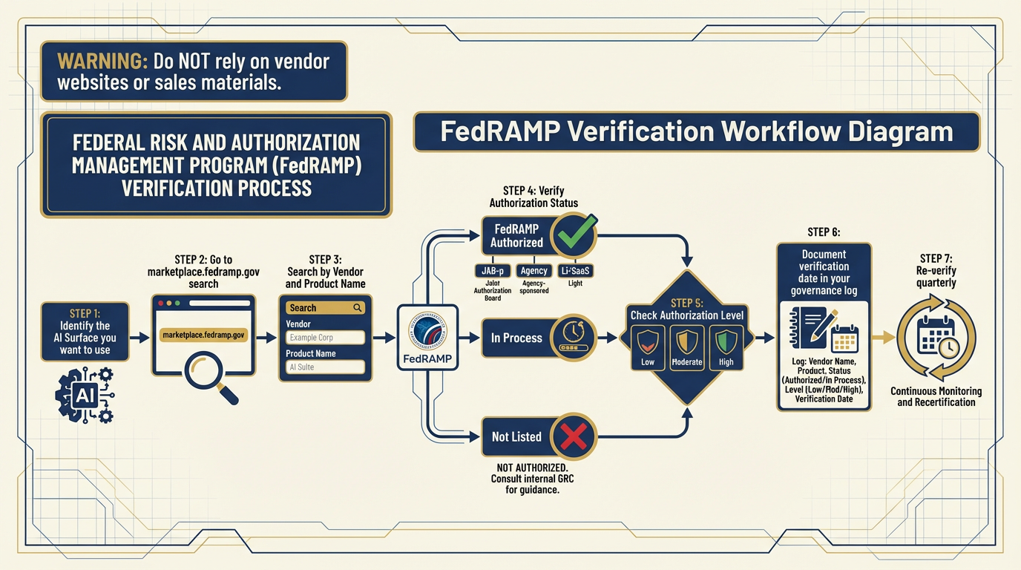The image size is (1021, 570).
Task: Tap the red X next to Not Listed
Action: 572,436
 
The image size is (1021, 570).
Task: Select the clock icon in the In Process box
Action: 572,338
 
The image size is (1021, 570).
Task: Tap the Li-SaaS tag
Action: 576,271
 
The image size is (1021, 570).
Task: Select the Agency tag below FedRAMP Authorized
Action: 534,271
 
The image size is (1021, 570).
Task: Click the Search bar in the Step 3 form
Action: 325,308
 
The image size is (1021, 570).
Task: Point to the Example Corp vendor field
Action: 325,338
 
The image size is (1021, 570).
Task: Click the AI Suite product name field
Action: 325,367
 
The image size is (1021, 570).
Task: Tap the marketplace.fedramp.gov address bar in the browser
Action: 203,335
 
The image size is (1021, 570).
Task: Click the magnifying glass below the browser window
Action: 209,375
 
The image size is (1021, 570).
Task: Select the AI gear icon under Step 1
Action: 85,396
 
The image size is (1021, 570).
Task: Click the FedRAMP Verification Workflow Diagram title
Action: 696,132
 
